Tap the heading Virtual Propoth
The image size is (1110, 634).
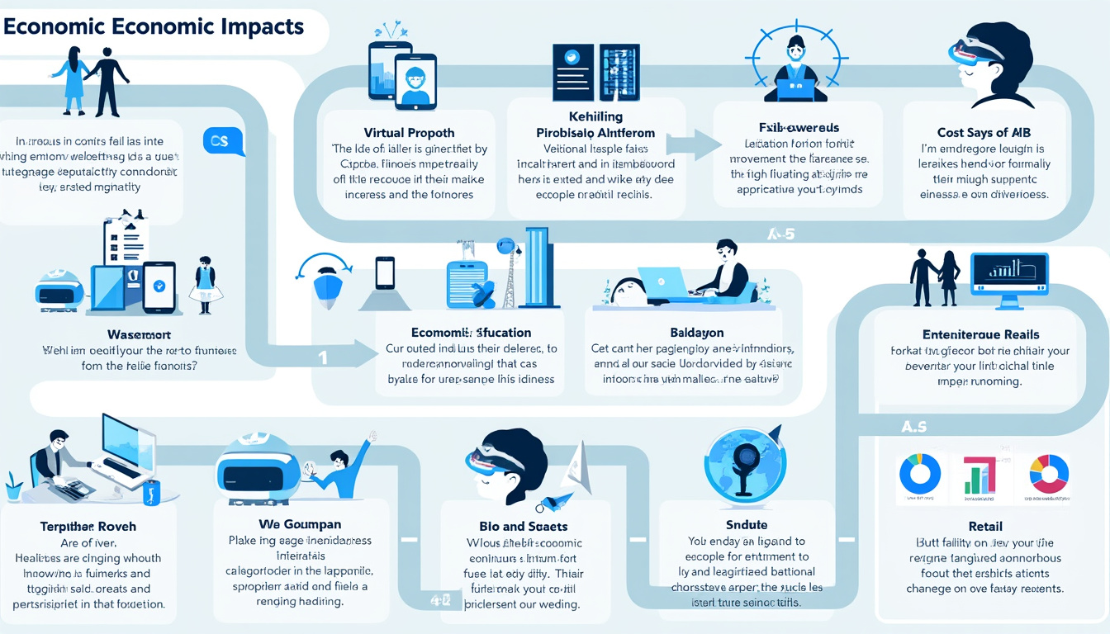pos(409,132)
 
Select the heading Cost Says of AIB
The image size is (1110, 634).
pos(984,132)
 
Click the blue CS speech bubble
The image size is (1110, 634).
pos(220,142)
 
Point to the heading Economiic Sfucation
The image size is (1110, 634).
pos(459,333)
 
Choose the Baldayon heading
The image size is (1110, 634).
pos(698,333)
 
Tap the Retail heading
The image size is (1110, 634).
pos(985,526)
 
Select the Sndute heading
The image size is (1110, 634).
pos(746,525)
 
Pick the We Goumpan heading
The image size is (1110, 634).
pos(300,524)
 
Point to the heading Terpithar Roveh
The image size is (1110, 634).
pos(88,526)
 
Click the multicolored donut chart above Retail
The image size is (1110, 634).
pos(1049,474)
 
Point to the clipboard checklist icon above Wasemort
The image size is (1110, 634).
pos(124,244)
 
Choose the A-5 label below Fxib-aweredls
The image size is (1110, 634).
pos(779,234)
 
